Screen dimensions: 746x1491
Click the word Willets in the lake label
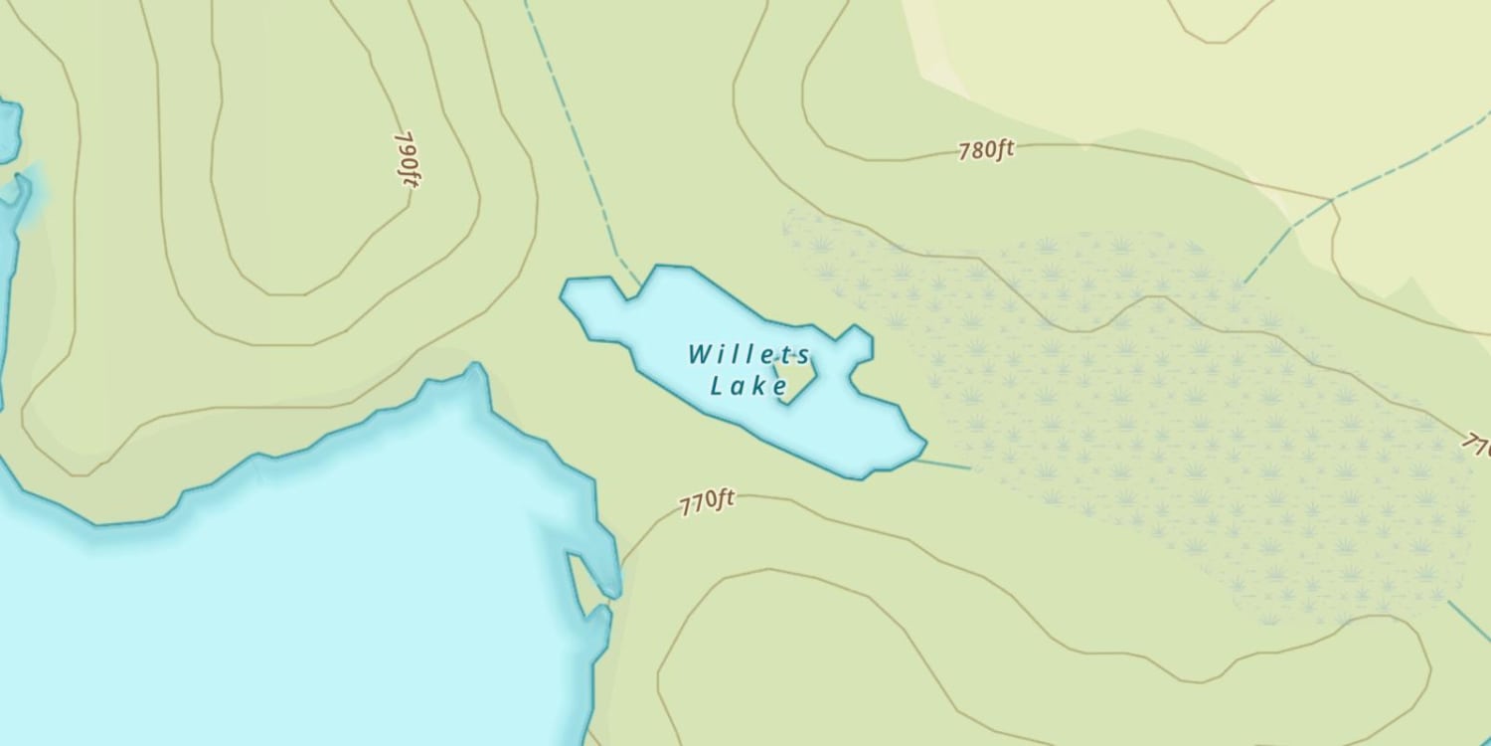point(748,354)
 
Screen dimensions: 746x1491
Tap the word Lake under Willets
point(748,386)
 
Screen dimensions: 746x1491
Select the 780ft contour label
point(986,151)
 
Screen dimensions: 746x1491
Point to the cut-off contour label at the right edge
point(1477,442)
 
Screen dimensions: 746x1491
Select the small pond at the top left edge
point(7,129)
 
